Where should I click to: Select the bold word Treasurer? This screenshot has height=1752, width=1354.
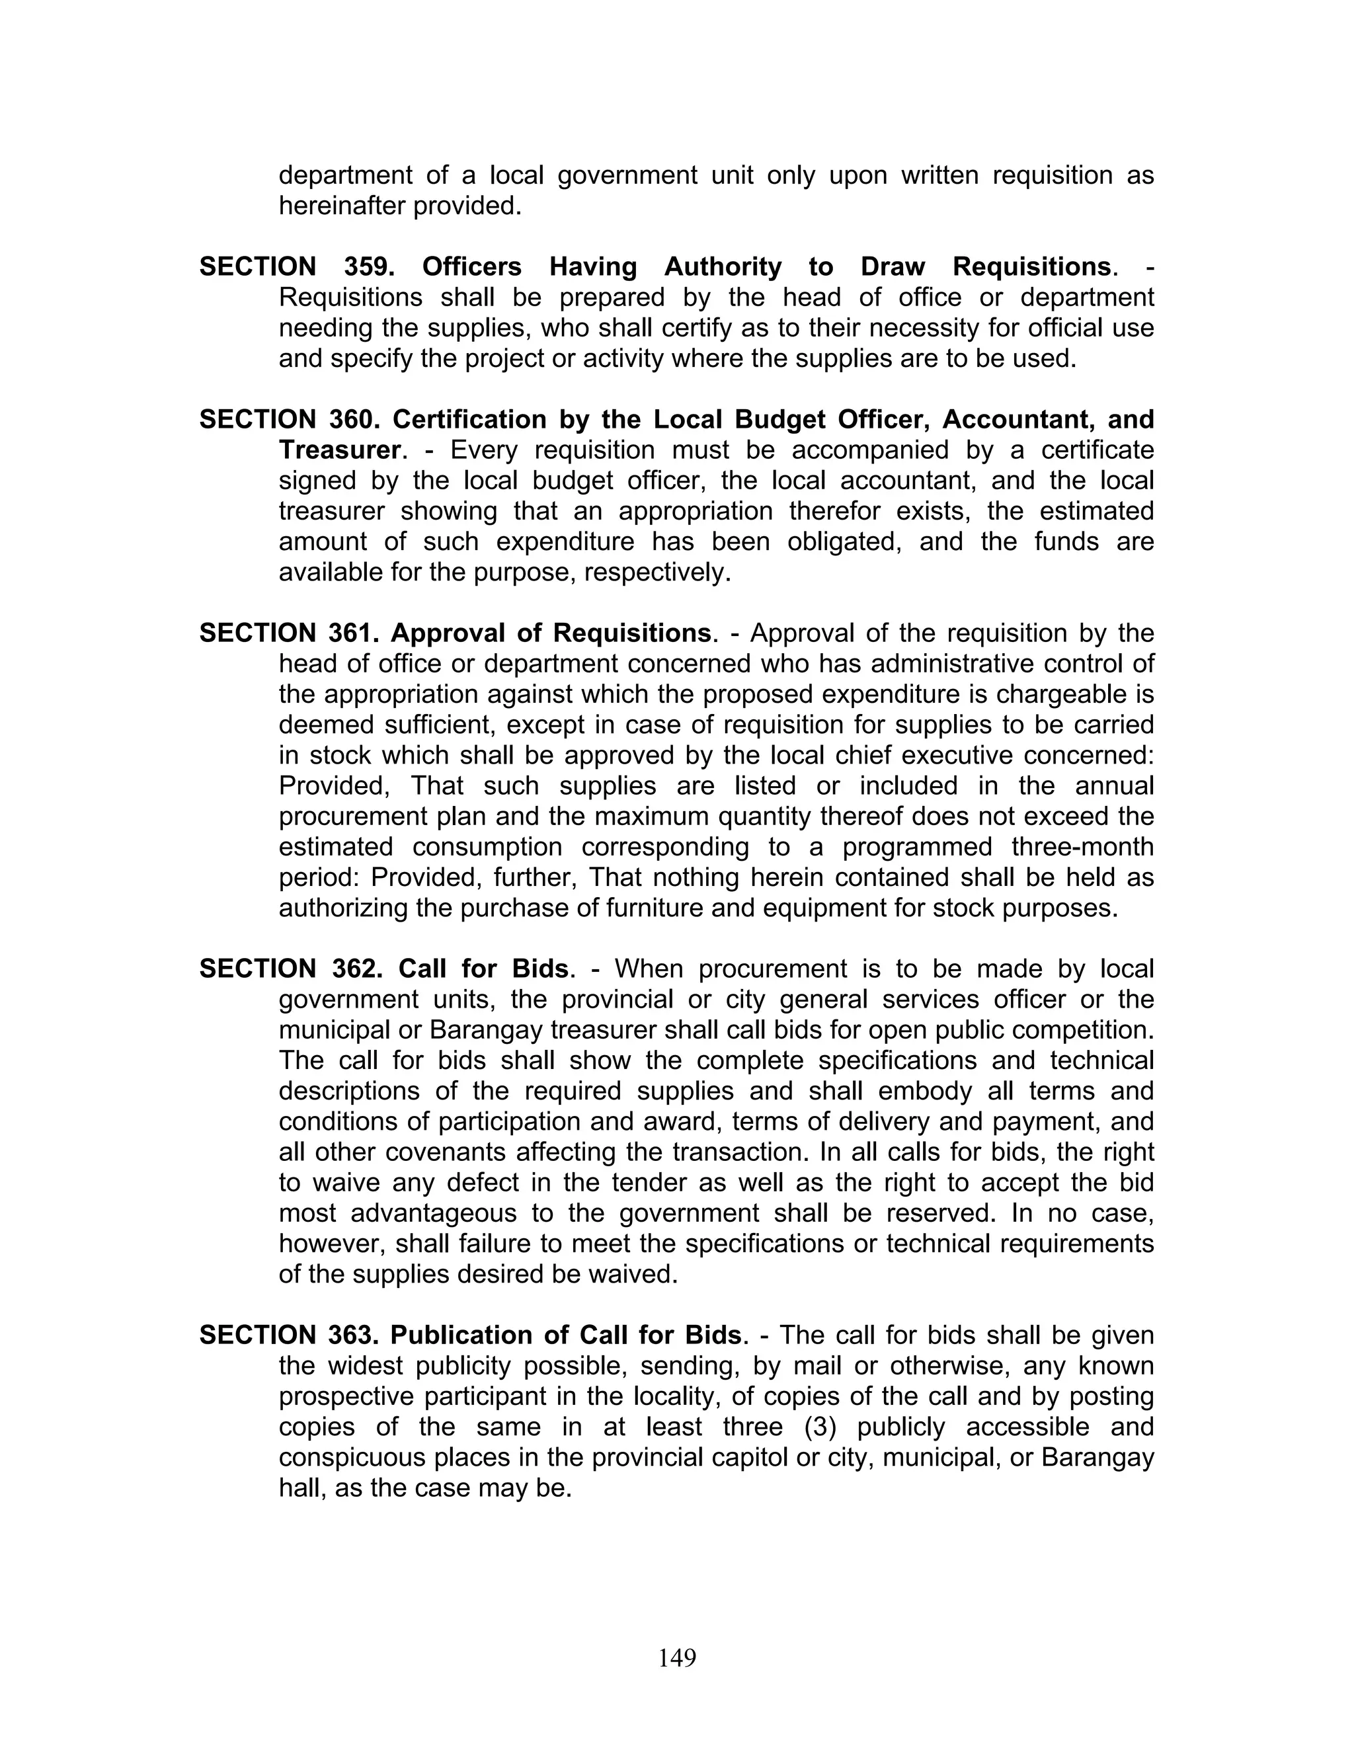click(x=339, y=450)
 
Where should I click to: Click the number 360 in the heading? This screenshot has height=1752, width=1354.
click(x=352, y=420)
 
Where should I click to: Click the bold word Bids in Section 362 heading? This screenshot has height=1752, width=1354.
click(x=540, y=969)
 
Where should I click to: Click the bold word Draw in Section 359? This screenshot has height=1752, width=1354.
click(x=893, y=266)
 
